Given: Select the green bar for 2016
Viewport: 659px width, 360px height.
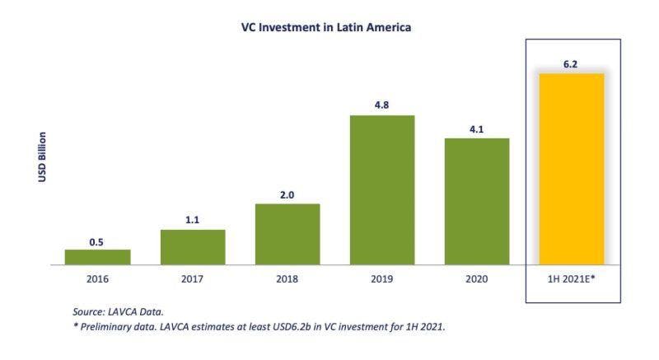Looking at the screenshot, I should click(97, 257).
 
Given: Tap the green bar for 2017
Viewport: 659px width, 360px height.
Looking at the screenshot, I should click(193, 247).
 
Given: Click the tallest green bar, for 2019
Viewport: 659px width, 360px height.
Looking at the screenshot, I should click(382, 190).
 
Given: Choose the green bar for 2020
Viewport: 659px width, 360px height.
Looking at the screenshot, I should click(477, 202).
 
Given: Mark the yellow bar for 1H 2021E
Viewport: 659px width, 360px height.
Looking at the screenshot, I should click(572, 170).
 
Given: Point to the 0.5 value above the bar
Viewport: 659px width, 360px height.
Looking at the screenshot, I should click(97, 242).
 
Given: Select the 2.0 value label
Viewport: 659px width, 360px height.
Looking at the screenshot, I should click(287, 195).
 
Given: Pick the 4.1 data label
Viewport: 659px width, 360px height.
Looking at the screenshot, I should click(477, 129).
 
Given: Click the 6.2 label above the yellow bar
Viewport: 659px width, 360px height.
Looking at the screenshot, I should click(572, 64).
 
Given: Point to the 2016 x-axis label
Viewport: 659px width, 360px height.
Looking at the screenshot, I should click(97, 280).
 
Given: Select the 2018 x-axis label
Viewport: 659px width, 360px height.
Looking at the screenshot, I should click(287, 280).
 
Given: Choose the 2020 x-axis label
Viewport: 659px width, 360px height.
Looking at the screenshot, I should click(477, 280).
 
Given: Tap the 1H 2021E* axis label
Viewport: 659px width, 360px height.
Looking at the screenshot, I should click(572, 280).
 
